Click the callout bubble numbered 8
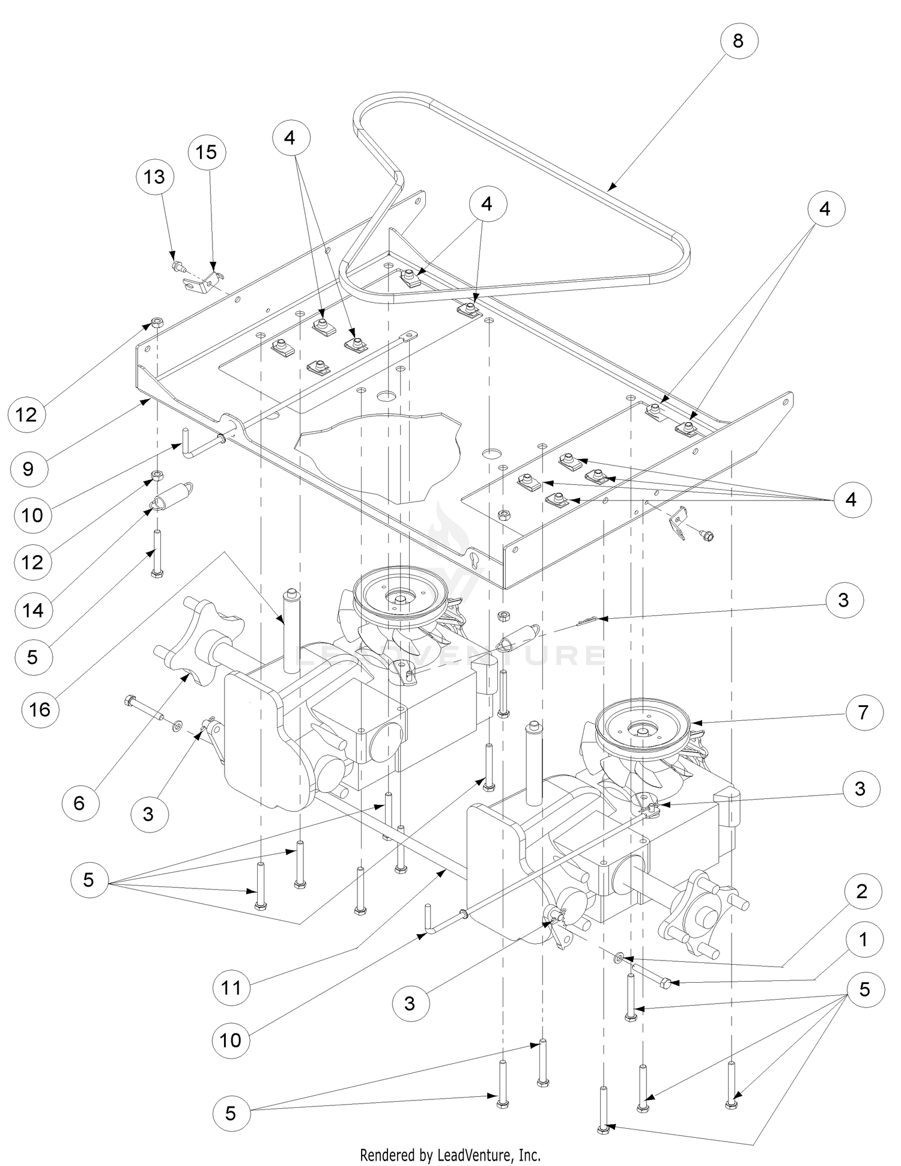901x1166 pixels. pyautogui.click(x=738, y=40)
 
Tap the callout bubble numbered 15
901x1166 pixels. pyautogui.click(x=206, y=152)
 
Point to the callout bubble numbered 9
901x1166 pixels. pyautogui.click(x=28, y=468)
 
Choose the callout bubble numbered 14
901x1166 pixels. pyautogui.click(x=33, y=610)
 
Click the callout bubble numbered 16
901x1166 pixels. pyautogui.click(x=40, y=709)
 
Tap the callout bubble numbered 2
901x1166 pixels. pyautogui.click(x=861, y=891)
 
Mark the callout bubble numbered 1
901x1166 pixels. pyautogui.click(x=863, y=939)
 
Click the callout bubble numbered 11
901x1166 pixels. pyautogui.click(x=231, y=987)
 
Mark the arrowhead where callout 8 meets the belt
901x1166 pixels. pyautogui.click(x=609, y=188)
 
